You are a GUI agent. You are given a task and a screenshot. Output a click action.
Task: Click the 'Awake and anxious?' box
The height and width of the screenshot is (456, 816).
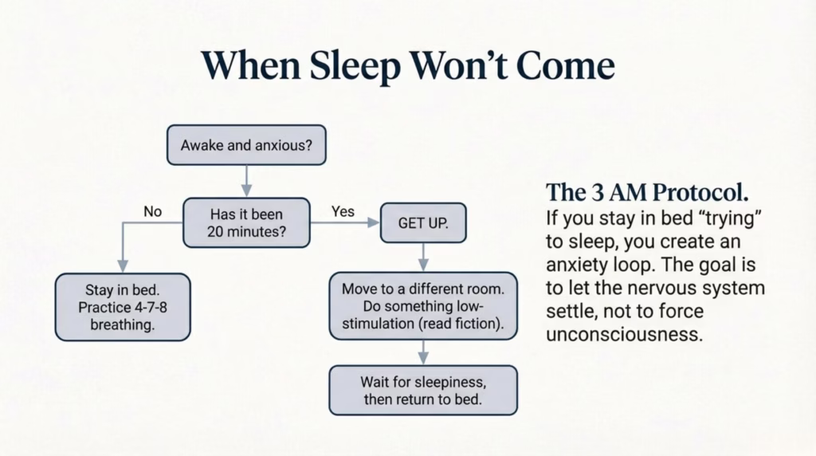point(245,145)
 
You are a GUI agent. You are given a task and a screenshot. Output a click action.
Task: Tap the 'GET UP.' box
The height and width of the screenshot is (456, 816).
point(423,224)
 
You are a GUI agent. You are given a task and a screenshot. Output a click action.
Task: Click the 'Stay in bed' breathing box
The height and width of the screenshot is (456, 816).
point(122,307)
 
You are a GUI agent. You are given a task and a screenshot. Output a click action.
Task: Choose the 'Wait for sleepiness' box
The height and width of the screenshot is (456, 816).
point(423,390)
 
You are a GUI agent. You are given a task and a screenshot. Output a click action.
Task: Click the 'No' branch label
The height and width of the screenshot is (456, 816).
point(152,212)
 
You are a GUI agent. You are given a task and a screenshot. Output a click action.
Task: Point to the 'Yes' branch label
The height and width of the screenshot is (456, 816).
point(343,211)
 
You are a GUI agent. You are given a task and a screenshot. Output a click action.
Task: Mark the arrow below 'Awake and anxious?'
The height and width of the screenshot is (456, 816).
point(246,181)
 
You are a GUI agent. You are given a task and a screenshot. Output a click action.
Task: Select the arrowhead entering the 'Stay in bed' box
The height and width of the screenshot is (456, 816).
point(122,266)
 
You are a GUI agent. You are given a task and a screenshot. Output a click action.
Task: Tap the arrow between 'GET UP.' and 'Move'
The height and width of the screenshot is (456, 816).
point(423,257)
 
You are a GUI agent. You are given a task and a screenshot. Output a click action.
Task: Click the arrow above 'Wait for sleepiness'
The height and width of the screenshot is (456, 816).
point(423,352)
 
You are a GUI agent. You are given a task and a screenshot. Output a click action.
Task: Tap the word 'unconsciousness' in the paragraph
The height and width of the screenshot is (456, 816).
point(625,333)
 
